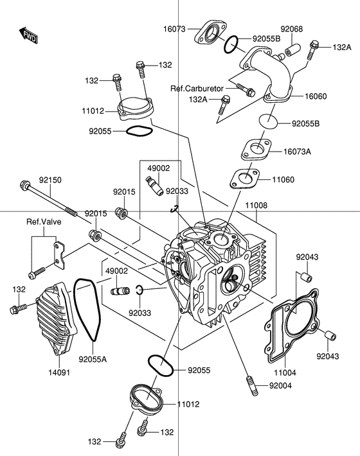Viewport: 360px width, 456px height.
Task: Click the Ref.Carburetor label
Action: click(x=197, y=88)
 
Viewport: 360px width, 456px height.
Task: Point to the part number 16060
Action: click(x=316, y=96)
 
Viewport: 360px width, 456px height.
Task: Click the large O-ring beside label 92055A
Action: click(x=87, y=309)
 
